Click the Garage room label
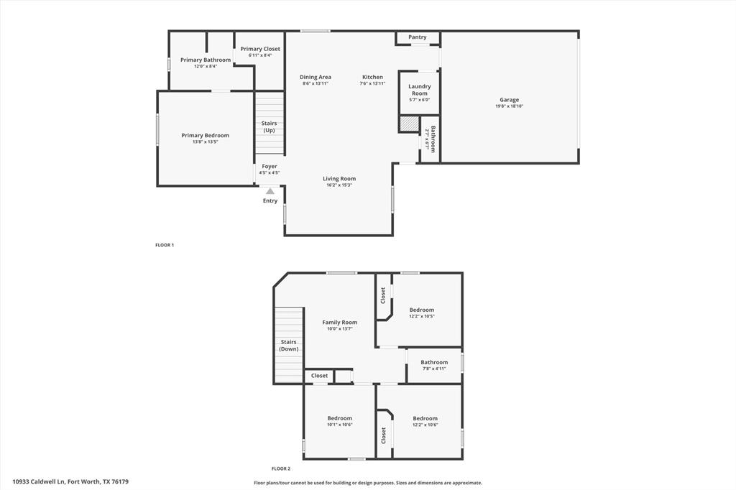tap(510, 100)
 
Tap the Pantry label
tap(418, 37)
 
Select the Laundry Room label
tap(420, 90)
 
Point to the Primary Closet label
tap(260, 49)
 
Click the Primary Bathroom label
tap(206, 60)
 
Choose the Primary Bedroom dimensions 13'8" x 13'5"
tap(205, 142)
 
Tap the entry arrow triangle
tap(270, 191)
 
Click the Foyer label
tap(270, 166)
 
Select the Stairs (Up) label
tap(269, 126)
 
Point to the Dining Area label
tap(316, 77)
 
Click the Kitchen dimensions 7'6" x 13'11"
tap(372, 84)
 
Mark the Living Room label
tap(339, 179)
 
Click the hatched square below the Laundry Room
tap(409, 124)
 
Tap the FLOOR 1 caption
tap(165, 245)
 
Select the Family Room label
tap(340, 323)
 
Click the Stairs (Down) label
tap(289, 345)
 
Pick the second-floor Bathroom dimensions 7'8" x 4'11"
tap(434, 369)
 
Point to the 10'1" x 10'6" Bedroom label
tap(340, 418)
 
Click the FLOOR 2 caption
tap(280, 468)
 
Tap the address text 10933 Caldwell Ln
tap(40, 481)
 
